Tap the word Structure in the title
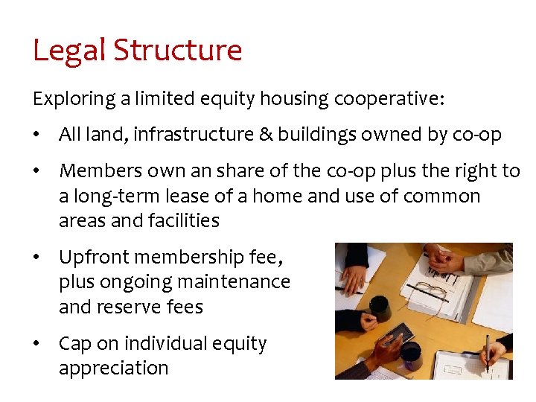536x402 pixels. [x=178, y=51]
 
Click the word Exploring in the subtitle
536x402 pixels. [x=68, y=98]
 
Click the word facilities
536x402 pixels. [x=178, y=220]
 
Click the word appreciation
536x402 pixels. [x=114, y=368]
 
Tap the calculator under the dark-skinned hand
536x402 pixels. [x=395, y=336]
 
